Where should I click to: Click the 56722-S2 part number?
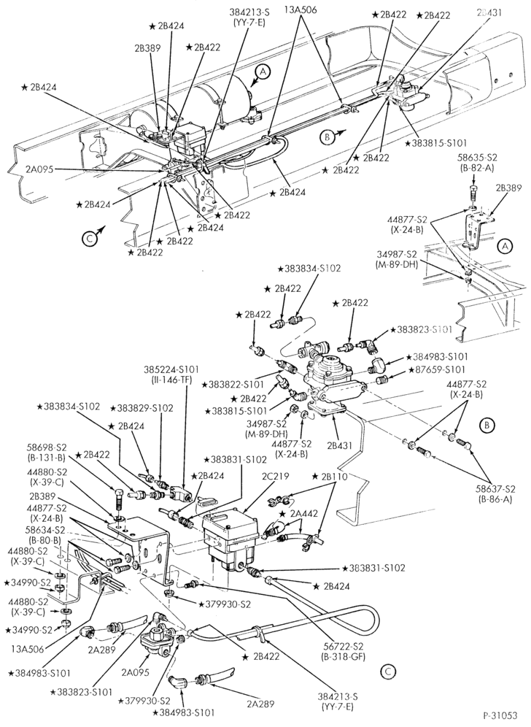343,648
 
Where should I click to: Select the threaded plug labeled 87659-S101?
382,381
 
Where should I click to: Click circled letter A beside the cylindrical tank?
263,72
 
